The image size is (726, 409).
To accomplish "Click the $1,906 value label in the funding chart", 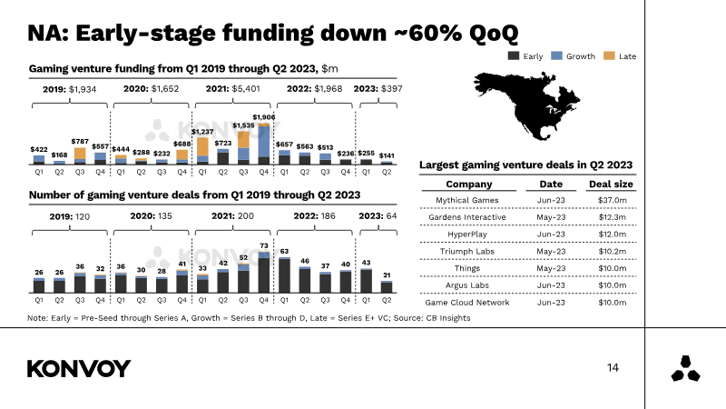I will tap(264, 117).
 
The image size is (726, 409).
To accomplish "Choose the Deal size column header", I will tap(612, 184).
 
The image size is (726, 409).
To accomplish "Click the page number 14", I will tap(613, 368).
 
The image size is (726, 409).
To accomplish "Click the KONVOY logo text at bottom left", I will tap(79, 368).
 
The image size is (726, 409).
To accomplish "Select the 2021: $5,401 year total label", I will tap(233, 88).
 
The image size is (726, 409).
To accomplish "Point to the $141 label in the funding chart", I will tap(387, 155).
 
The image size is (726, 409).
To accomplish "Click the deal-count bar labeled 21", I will tap(387, 286).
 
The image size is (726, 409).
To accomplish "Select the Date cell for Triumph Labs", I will tap(544, 251).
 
